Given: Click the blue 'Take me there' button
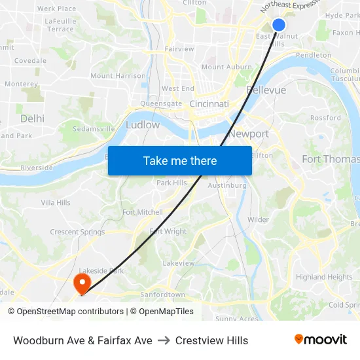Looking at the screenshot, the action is (x=180, y=160).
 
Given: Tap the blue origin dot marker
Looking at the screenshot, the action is (x=278, y=25).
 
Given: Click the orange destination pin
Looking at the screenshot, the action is (x=82, y=283).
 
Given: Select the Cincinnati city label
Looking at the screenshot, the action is (x=209, y=104).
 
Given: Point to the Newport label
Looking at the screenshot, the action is (x=249, y=134).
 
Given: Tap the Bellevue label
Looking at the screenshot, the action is (x=266, y=90).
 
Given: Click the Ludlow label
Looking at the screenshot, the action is (x=143, y=124).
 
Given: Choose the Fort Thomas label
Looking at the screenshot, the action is (x=331, y=159).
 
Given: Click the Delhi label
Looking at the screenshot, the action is (x=32, y=118).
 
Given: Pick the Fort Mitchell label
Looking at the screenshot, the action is (x=142, y=212).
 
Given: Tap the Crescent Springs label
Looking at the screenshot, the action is (x=77, y=232).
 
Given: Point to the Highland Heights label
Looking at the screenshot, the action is (x=324, y=277).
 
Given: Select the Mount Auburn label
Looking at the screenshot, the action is (x=226, y=67).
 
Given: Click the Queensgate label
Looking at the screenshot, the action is (x=161, y=103).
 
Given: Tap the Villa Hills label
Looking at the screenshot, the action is (x=56, y=203).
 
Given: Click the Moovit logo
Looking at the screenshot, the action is (x=320, y=340).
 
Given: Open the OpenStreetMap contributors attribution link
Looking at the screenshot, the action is (x=65, y=312).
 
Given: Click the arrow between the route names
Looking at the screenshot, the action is (x=164, y=340).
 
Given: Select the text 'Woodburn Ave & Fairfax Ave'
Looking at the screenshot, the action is (x=82, y=340).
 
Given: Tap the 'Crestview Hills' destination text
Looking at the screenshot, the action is (x=211, y=340).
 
